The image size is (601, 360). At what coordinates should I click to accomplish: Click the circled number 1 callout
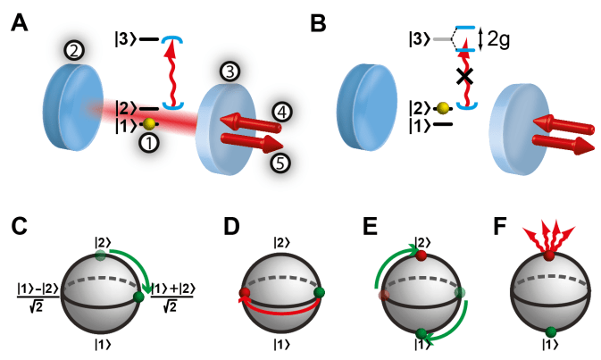point(149,141)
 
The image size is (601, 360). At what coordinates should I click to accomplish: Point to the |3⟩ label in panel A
point(122,39)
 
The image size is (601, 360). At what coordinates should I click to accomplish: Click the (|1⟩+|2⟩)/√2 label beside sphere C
point(173,295)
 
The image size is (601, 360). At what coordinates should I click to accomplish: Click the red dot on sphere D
point(241,293)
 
